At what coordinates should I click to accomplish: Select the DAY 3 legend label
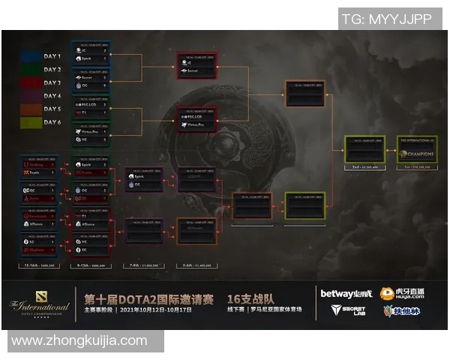click(52, 82)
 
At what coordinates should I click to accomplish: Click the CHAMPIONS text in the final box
click(419, 154)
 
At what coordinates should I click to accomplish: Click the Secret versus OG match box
click(91, 80)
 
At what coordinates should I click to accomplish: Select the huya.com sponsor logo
click(397, 293)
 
